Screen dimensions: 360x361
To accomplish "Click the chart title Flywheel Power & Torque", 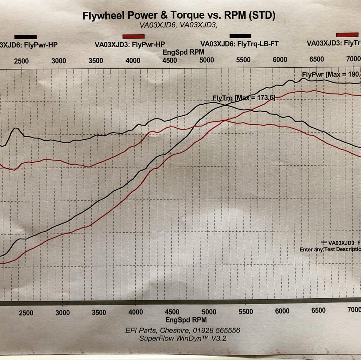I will [179, 15].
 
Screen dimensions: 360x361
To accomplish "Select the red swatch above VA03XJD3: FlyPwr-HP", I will [133, 36].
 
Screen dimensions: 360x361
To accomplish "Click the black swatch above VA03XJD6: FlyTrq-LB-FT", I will [240, 36].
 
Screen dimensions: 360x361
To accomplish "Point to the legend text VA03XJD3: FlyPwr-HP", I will [130, 45].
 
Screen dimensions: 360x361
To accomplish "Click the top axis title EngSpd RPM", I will [183, 52].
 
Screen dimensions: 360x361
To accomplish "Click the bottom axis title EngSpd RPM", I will [186, 320].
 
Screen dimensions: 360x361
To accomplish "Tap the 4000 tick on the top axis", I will [133, 60].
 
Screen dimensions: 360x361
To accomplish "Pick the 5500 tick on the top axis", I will [243, 60].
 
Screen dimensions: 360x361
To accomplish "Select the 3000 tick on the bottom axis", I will [62, 312].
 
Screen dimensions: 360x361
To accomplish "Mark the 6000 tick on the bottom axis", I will [282, 311].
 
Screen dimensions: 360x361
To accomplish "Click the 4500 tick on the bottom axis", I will [172, 312].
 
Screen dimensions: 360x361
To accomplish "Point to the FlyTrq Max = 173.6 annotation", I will [244, 98].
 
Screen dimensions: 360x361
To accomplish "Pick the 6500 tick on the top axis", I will [316, 59].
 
